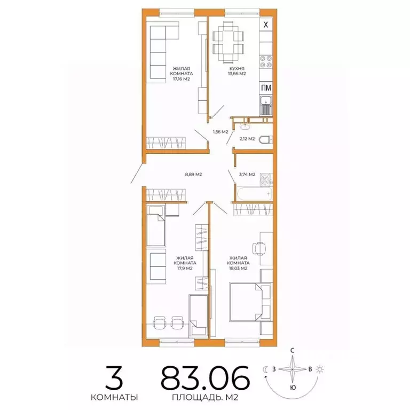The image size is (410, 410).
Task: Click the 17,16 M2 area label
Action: (x=182, y=79)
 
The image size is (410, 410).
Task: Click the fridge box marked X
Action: (x=266, y=23)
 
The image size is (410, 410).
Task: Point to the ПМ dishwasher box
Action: (x=266, y=88)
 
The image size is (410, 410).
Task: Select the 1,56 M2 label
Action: (x=220, y=132)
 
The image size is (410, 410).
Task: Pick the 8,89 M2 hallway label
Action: (x=193, y=175)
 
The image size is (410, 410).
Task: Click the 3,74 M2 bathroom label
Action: (x=247, y=174)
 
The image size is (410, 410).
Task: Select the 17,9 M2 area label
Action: (x=186, y=269)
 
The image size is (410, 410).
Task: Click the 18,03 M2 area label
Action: (x=238, y=269)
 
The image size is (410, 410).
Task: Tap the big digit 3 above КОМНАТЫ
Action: (x=115, y=379)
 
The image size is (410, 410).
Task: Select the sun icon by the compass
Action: (x=320, y=369)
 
